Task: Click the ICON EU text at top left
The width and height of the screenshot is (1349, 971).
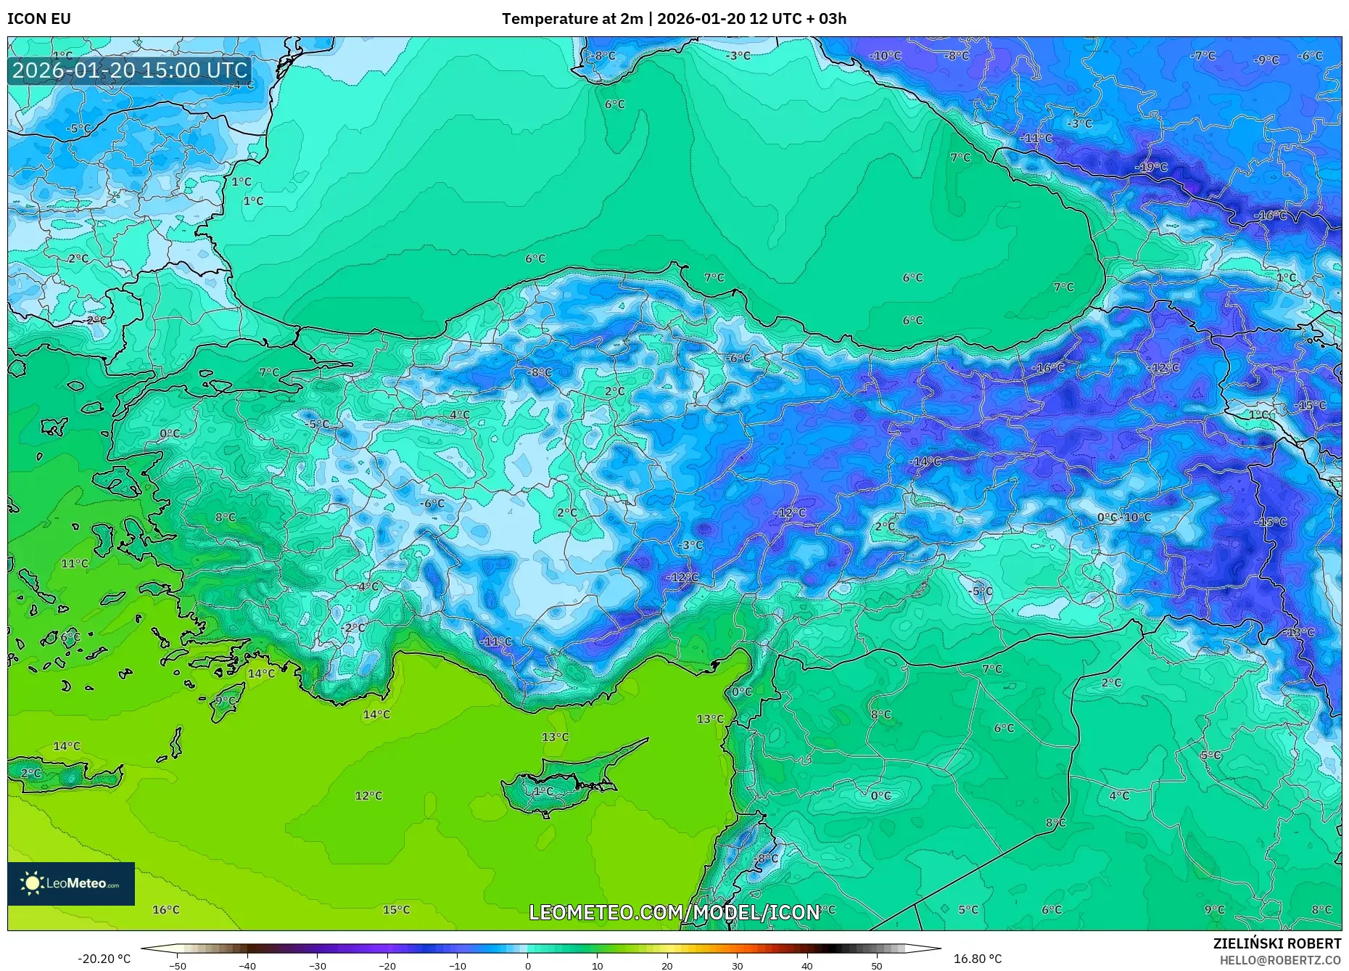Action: tap(39, 19)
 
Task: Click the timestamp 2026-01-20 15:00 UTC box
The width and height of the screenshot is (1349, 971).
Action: tap(130, 70)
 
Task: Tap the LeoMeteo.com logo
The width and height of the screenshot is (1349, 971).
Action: tap(71, 883)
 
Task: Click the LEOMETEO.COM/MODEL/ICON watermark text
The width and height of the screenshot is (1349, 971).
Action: tap(674, 912)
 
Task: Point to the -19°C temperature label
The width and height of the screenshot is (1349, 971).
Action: tap(1151, 168)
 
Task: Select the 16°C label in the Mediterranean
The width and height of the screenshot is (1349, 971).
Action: tap(165, 909)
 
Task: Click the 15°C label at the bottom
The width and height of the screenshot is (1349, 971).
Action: tap(396, 909)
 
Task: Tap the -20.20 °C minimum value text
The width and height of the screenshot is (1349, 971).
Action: tap(104, 959)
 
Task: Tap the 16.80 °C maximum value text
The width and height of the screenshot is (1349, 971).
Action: tap(977, 959)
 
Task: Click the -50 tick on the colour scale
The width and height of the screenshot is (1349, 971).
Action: tap(178, 965)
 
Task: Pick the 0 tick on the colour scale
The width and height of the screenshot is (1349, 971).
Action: tap(528, 965)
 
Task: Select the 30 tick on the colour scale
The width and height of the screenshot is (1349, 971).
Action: tap(737, 965)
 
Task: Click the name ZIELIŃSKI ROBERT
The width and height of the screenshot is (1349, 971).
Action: tap(1276, 943)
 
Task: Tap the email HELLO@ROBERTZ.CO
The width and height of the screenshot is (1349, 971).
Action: tap(1280, 960)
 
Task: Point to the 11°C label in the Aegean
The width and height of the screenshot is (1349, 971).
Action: tap(74, 563)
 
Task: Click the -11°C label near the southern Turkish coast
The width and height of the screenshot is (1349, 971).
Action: tap(496, 642)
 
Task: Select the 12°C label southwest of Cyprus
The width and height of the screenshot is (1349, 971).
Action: tap(368, 795)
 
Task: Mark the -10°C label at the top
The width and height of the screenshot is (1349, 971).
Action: tap(886, 56)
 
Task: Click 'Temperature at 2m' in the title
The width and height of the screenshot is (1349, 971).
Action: tap(572, 19)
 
